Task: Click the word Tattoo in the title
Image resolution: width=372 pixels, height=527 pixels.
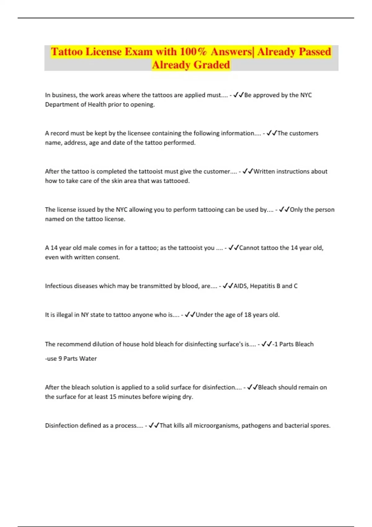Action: click(67, 51)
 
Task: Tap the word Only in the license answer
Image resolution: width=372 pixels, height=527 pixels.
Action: click(296, 210)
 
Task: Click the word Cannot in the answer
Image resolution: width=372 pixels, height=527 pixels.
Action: click(249, 248)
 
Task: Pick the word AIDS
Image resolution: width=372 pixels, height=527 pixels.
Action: click(240, 286)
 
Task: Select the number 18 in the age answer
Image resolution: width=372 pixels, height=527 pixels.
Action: click(248, 315)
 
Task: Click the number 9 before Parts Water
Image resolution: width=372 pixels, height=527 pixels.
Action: click(60, 358)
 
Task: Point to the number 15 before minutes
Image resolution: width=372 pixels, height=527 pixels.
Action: click(113, 396)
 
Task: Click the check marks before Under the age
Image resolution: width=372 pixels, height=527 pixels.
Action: click(190, 315)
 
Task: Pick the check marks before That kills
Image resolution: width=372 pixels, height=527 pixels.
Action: click(154, 425)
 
